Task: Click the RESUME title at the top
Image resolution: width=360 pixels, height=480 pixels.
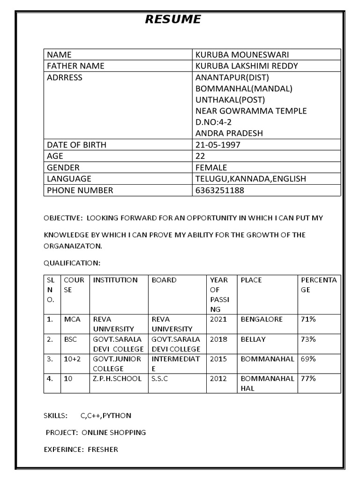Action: [173, 19]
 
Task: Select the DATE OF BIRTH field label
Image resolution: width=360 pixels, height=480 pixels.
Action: [76, 145]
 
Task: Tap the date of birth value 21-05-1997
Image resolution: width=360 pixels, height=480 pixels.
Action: [217, 145]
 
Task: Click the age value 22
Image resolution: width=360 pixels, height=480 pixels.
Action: [200, 156]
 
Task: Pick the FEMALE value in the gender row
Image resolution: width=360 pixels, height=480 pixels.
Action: [211, 167]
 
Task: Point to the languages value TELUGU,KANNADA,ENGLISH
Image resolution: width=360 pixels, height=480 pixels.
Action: [250, 179]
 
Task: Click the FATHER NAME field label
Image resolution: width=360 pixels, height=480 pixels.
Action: [75, 66]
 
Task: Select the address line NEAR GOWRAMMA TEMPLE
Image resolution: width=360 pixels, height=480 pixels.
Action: [251, 111]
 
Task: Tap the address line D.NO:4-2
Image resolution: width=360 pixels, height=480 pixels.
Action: [214, 122]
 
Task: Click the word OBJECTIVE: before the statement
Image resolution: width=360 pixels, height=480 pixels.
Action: [61, 218]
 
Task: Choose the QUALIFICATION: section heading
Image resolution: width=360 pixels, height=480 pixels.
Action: [72, 262]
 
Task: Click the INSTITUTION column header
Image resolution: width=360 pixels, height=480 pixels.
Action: [115, 280]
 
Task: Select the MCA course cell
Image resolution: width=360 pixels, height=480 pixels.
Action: [72, 319]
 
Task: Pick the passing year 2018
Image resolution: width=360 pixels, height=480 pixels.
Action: [218, 339]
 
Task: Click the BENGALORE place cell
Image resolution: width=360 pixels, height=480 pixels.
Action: [262, 319]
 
